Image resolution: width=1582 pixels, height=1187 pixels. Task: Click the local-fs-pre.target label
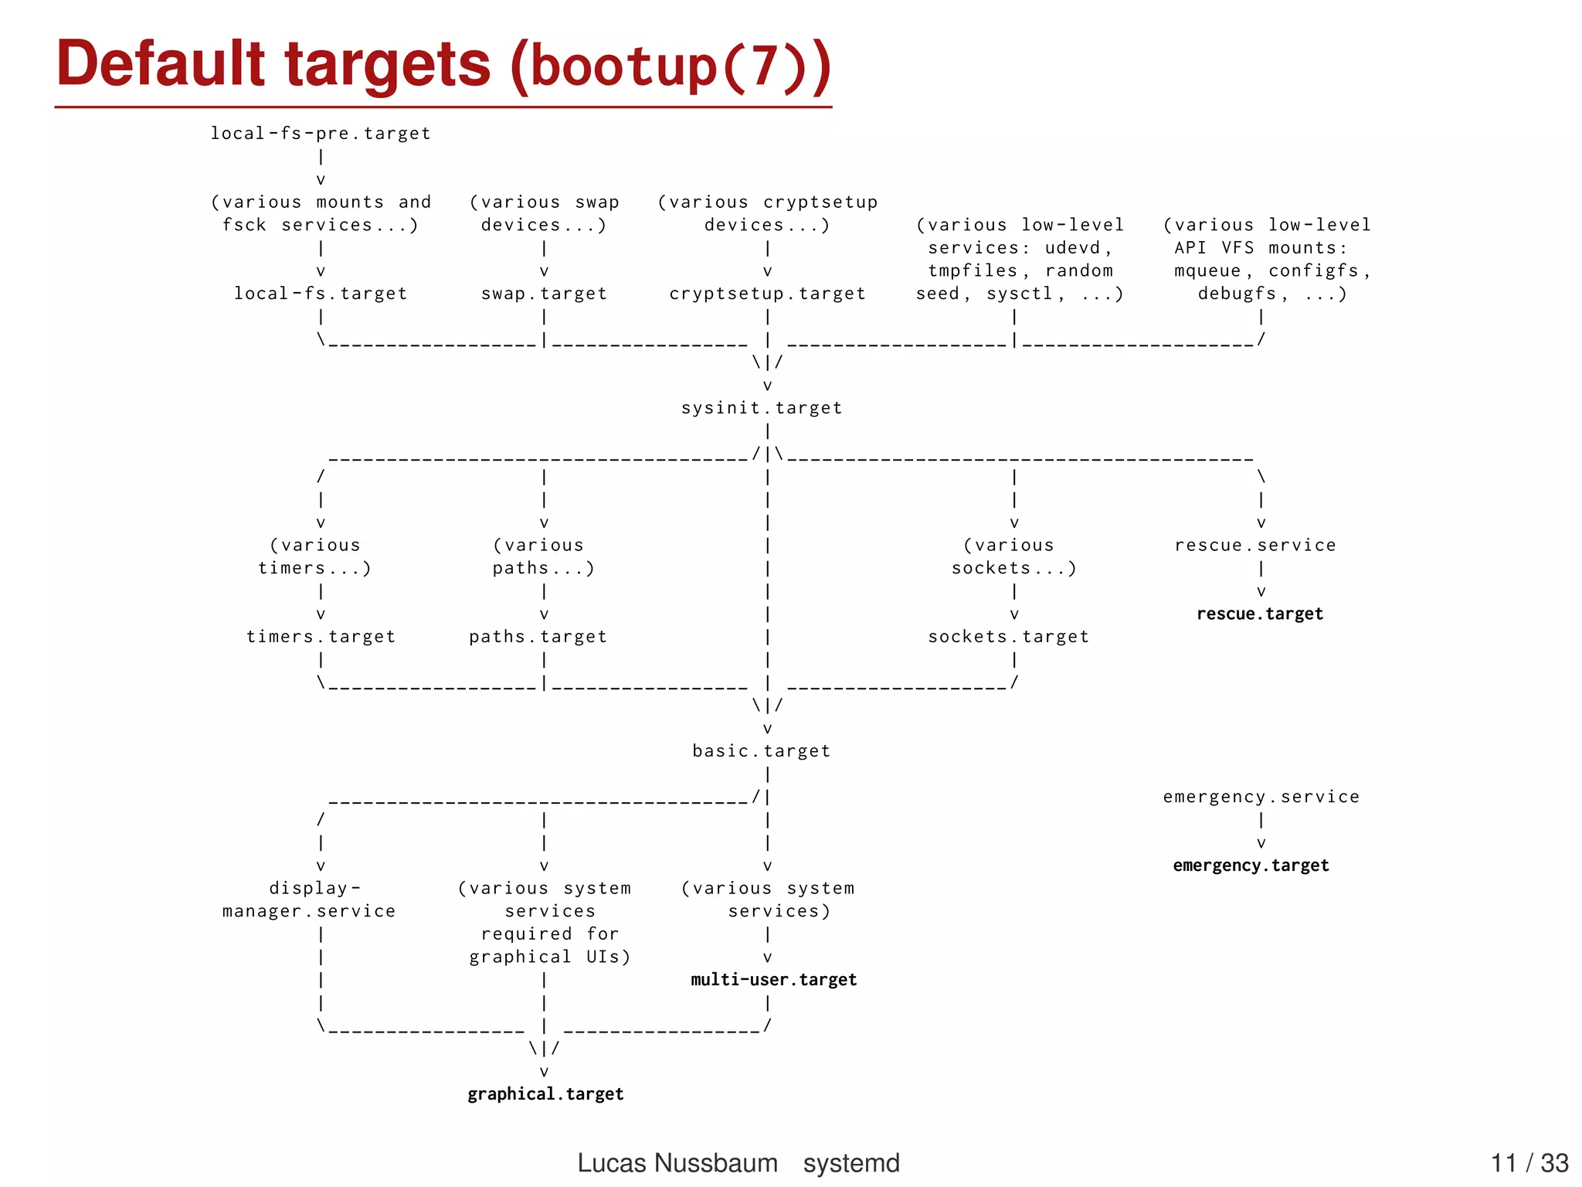[x=321, y=134]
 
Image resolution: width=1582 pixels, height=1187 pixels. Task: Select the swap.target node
[x=544, y=294]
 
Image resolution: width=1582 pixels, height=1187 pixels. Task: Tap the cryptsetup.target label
[x=767, y=294]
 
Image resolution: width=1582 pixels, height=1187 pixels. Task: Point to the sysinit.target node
[x=762, y=408]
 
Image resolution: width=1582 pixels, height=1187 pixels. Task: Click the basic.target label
[x=762, y=751]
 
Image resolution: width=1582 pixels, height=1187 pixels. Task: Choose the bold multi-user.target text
[x=774, y=980]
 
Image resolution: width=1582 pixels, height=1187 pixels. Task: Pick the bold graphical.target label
[x=545, y=1094]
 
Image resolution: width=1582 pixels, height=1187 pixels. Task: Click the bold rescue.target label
[x=1260, y=614]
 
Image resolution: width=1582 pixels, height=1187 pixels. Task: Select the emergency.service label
[x=1261, y=797]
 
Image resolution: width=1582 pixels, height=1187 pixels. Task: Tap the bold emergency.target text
[x=1251, y=866]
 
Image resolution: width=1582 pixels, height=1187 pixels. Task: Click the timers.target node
[x=321, y=637]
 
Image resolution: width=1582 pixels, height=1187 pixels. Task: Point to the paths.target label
[x=538, y=637]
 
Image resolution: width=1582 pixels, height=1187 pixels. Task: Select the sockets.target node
[x=1008, y=637]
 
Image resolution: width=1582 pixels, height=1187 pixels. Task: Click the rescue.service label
[x=1255, y=546]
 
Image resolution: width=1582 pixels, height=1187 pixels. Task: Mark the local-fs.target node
[x=321, y=294]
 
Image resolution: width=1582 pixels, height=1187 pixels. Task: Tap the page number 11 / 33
[x=1529, y=1163]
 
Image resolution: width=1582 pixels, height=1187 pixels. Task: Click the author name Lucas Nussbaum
[x=677, y=1163]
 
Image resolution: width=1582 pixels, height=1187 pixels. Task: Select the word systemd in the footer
[x=851, y=1163]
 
